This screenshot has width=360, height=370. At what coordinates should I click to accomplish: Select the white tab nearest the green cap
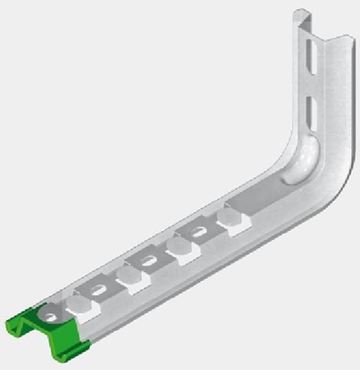84,306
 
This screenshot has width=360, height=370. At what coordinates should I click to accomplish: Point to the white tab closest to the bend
235,223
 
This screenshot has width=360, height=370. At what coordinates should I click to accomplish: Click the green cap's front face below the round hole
45,336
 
